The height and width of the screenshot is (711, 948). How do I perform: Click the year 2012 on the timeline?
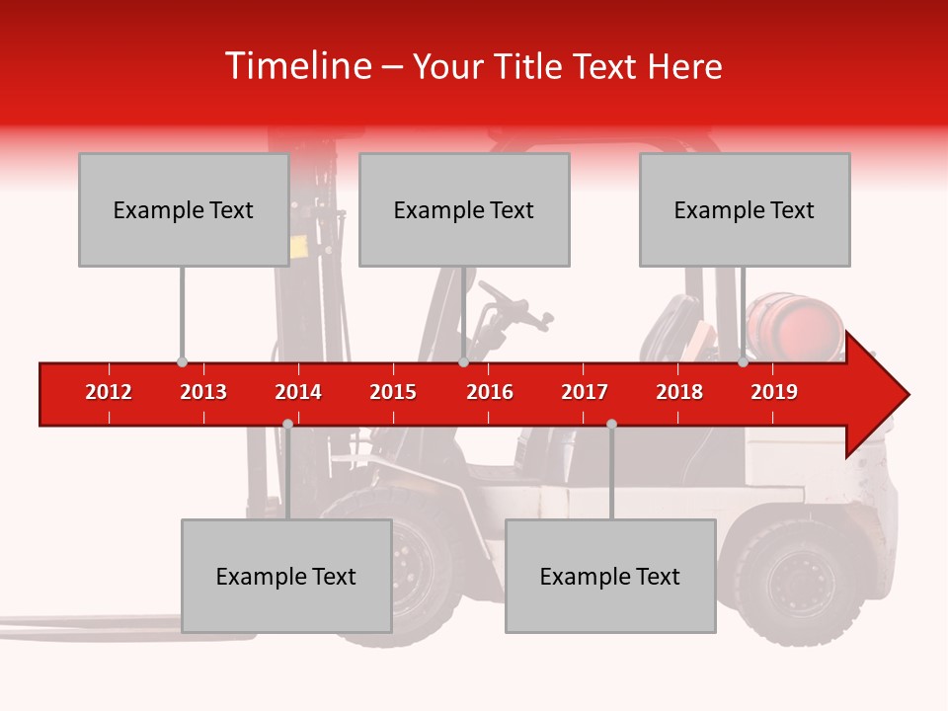pyautogui.click(x=109, y=392)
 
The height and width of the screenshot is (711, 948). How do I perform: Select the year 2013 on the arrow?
pyautogui.click(x=203, y=392)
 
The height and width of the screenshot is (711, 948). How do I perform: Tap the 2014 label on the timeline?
pyautogui.click(x=298, y=392)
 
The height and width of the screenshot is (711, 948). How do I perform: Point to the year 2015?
pyautogui.click(x=393, y=392)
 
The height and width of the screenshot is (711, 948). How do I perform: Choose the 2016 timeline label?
pyautogui.click(x=490, y=392)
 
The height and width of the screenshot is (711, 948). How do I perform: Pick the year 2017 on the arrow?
pyautogui.click(x=585, y=392)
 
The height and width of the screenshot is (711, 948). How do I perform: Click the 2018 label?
pyautogui.click(x=679, y=392)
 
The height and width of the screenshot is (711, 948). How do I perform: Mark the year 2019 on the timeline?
pyautogui.click(x=774, y=392)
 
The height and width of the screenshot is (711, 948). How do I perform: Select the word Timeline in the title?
pyautogui.click(x=296, y=66)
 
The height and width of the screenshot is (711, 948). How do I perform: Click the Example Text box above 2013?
pyautogui.click(x=184, y=209)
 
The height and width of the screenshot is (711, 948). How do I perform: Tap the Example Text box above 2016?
pyautogui.click(x=464, y=209)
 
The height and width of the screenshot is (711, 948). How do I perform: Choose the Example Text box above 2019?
pyautogui.click(x=745, y=209)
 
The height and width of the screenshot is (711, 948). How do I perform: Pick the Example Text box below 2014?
pyautogui.click(x=286, y=576)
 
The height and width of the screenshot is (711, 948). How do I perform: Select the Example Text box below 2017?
pyautogui.click(x=610, y=576)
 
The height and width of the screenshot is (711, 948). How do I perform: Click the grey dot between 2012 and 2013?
pyautogui.click(x=182, y=362)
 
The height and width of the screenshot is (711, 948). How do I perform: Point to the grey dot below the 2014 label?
pyautogui.click(x=287, y=424)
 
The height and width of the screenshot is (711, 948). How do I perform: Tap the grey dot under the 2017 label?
pyautogui.click(x=611, y=424)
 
